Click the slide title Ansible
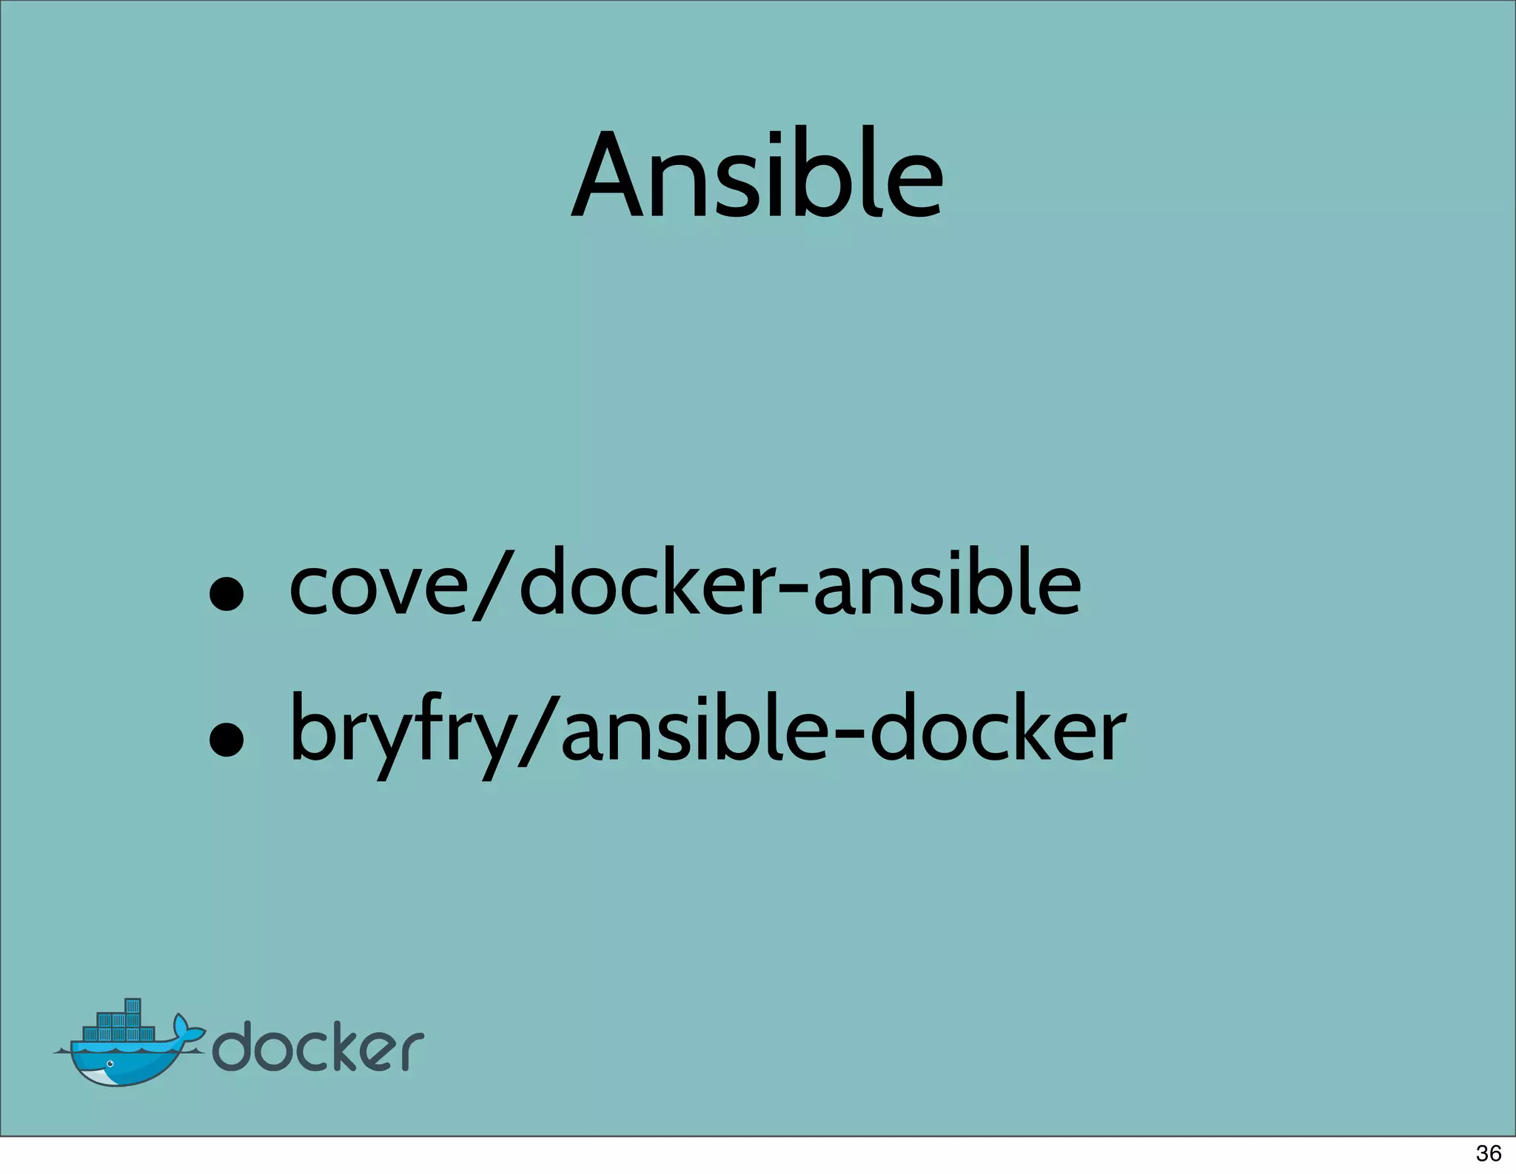click(757, 175)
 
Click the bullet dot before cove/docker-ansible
click(226, 594)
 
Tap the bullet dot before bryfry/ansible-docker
click(226, 740)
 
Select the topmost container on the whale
click(133, 1006)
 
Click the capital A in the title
click(608, 175)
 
